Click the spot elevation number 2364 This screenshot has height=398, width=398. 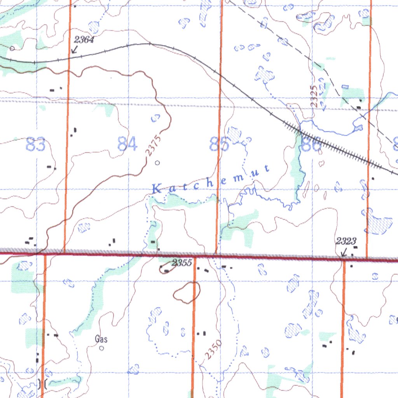(x=84, y=39)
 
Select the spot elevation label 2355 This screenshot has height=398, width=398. (x=182, y=263)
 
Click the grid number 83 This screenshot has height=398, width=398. (x=36, y=145)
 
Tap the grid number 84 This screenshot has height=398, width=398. (x=127, y=145)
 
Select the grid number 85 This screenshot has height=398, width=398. (x=219, y=145)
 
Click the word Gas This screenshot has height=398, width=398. (x=101, y=339)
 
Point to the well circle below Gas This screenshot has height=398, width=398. (x=102, y=348)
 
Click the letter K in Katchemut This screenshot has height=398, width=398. (x=156, y=190)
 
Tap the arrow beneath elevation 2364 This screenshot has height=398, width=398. (x=74, y=50)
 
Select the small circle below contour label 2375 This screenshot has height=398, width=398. (x=157, y=163)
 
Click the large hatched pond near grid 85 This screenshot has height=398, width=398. (x=234, y=134)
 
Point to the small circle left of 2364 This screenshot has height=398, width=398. (x=12, y=49)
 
